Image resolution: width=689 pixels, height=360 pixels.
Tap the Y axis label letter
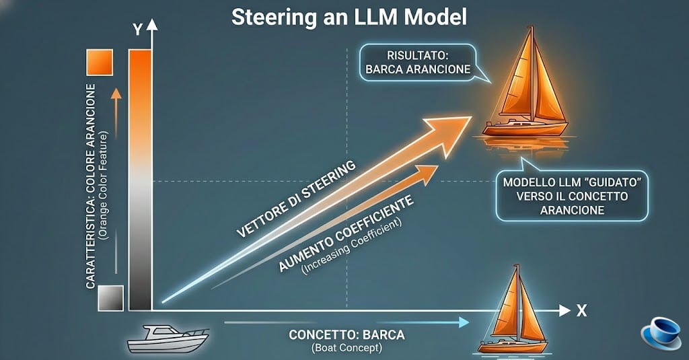click(x=137, y=29)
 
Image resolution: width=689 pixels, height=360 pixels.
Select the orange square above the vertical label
click(x=99, y=64)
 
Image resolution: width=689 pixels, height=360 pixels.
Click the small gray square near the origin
click(x=110, y=297)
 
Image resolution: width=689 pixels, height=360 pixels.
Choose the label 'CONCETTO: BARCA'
click(x=347, y=335)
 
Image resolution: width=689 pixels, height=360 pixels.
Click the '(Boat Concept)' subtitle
click(x=347, y=348)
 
